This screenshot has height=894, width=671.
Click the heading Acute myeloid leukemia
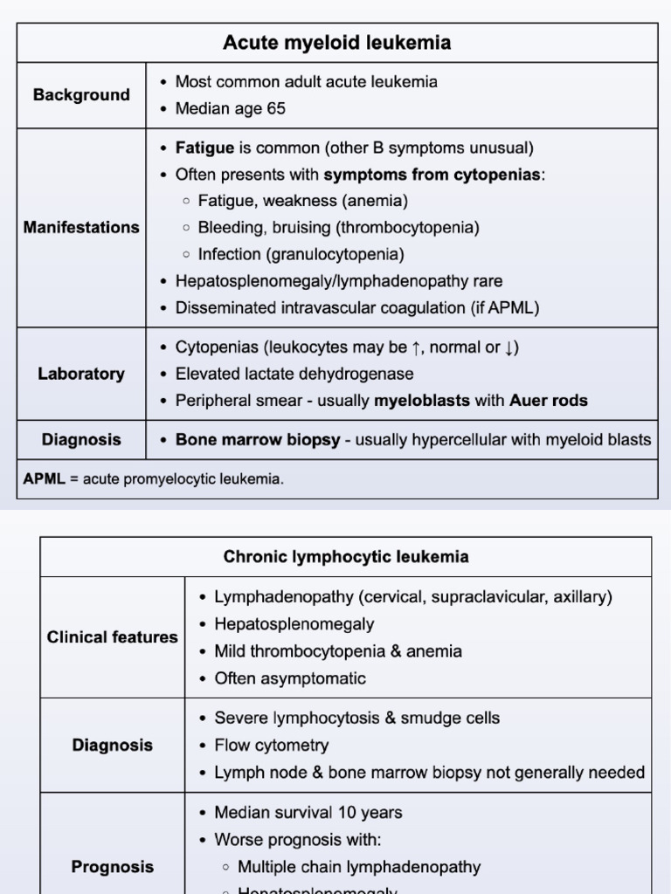click(336, 43)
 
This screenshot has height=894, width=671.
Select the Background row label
click(81, 95)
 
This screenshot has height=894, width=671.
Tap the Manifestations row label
click(81, 228)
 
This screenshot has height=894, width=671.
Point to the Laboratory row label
click(81, 374)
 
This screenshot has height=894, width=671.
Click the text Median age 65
click(230, 109)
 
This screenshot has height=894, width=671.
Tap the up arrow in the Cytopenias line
click(418, 347)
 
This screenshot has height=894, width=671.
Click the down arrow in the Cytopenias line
click(508, 347)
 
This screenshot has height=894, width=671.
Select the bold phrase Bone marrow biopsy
click(258, 440)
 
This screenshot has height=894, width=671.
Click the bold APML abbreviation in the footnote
click(44, 479)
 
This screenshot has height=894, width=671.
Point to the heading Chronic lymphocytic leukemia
click(346, 557)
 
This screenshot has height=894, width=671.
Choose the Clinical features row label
click(112, 637)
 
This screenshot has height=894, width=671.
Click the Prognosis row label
click(112, 867)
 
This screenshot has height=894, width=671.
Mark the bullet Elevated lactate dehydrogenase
click(294, 374)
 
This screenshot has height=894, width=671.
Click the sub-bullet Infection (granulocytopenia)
click(301, 254)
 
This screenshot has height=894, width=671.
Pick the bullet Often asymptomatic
click(289, 678)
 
